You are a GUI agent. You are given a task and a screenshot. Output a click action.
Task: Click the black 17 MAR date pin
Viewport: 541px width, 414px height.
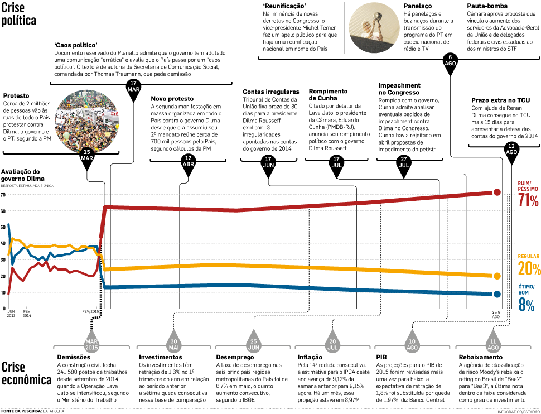(133, 89)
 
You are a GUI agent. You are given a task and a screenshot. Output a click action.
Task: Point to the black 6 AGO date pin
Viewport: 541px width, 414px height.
(450, 61)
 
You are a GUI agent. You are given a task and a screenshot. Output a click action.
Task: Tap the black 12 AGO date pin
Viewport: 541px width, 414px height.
(511, 150)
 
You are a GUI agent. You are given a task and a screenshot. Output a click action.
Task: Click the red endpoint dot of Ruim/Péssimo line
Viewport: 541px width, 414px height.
(497, 192)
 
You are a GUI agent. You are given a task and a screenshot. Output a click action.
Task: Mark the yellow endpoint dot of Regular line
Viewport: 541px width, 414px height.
(497, 276)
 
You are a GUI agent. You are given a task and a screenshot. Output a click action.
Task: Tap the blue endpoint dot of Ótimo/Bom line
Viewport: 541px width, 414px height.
(497, 294)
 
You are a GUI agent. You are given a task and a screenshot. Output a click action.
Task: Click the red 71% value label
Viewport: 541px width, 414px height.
(528, 201)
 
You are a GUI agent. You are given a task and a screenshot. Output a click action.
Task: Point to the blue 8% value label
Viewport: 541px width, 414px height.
(527, 305)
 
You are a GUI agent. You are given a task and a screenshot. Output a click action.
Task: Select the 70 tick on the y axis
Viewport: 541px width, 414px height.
(3, 195)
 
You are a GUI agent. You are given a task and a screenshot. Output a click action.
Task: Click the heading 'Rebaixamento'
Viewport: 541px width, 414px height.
(480, 357)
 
